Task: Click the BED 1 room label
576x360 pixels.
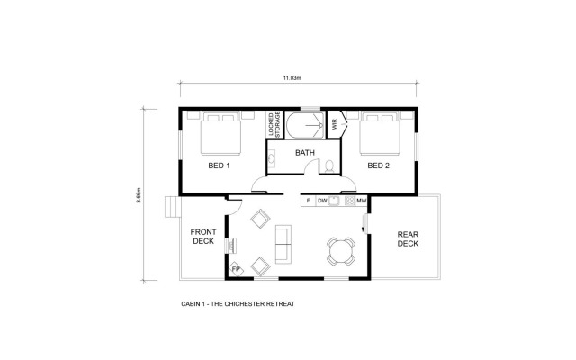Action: coord(220,166)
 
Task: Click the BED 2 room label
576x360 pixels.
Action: coord(378,166)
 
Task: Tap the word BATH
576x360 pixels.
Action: coord(305,153)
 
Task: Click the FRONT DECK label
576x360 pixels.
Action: coord(202,238)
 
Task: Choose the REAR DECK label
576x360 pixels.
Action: coord(409,238)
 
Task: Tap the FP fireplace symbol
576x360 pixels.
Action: coord(237,268)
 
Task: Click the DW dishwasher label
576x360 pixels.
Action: coord(322,201)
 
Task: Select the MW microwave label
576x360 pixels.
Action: coord(360,201)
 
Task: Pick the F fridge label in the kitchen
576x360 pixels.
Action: coord(308,201)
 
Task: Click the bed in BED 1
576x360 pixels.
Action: coord(220,134)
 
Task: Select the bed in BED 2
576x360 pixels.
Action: coord(379,134)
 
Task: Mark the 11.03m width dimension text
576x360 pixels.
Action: coord(291,79)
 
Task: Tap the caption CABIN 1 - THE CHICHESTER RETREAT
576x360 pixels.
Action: coord(238,304)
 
